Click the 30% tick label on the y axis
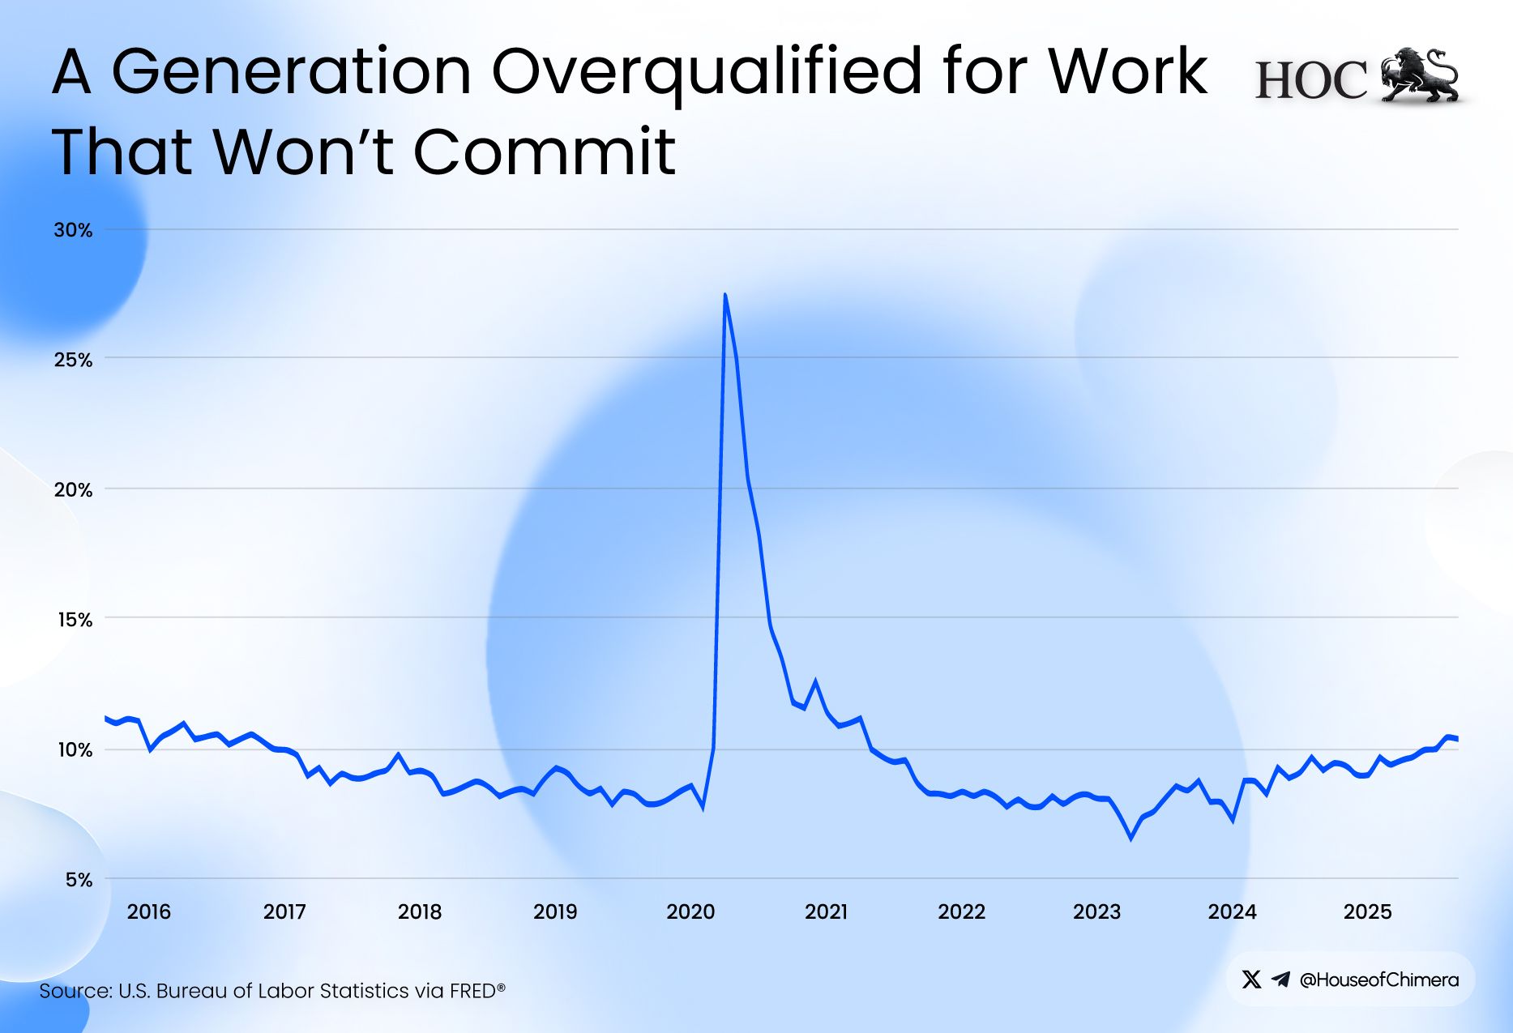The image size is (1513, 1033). (x=73, y=230)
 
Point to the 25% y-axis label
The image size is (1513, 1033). (x=73, y=360)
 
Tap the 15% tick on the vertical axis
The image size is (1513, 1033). (x=73, y=620)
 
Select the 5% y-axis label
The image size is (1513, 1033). (x=79, y=880)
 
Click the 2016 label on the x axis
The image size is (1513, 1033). (x=149, y=911)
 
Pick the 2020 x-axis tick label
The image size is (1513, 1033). (x=690, y=911)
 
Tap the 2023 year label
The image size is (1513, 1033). (x=1096, y=911)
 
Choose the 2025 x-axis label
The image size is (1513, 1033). (x=1367, y=911)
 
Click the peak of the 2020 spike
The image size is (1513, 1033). (x=724, y=295)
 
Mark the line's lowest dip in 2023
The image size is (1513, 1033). (x=1131, y=838)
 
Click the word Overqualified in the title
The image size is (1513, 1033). (x=707, y=73)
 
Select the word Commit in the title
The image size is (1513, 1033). (x=545, y=152)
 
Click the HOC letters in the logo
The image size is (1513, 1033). (x=1310, y=80)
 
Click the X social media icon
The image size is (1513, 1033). (x=1251, y=980)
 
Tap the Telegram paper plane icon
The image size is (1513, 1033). (x=1280, y=980)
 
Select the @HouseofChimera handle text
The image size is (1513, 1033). (x=1378, y=980)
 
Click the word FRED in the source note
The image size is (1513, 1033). (x=473, y=991)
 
